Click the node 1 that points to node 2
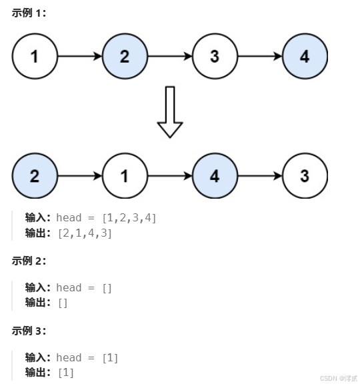coord(35,56)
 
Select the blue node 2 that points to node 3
coord(125,56)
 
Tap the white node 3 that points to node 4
coord(215,56)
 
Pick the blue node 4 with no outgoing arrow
coord(305,56)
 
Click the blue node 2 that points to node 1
coord(35,176)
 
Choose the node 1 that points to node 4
coord(125,176)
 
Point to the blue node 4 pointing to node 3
coord(215,176)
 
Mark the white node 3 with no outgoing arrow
coord(305,176)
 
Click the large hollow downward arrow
coord(169,111)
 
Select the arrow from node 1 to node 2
coord(80,56)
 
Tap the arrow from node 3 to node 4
coord(260,56)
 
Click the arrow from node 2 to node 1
coord(80,176)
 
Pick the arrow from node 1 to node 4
coord(170,176)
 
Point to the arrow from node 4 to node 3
coord(260,176)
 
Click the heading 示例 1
coord(29,13)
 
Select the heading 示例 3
coord(29,331)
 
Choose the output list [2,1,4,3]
coord(85,233)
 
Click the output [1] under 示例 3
coord(65,373)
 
